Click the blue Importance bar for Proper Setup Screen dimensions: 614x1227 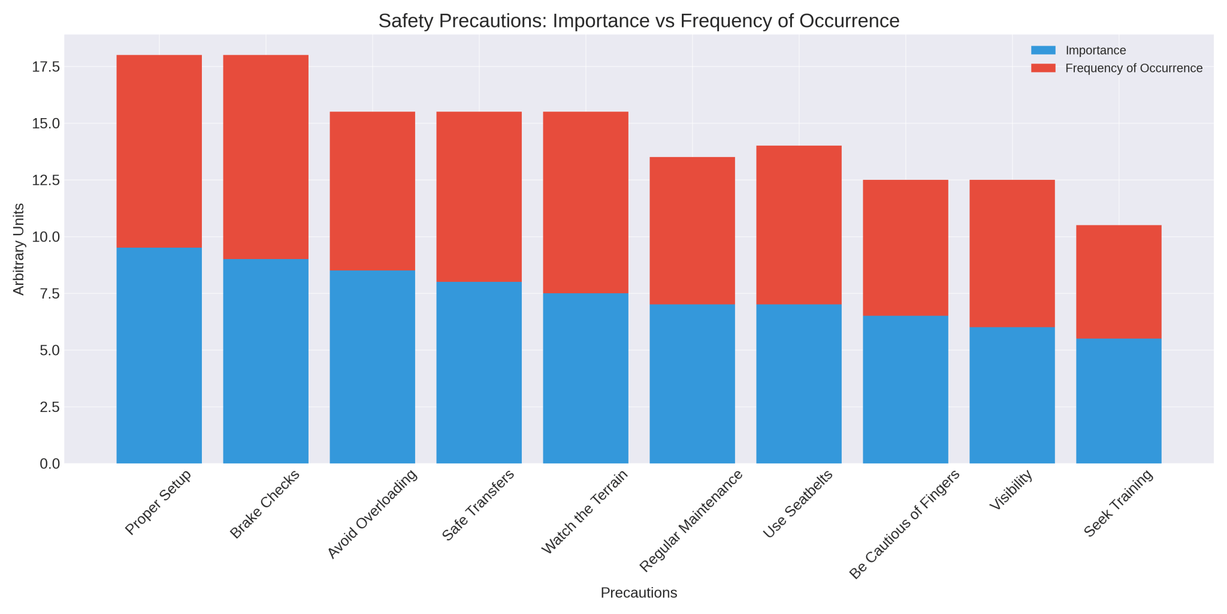coord(159,356)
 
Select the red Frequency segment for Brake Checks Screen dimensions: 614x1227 coord(265,156)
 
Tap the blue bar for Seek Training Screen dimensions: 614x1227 coord(1119,401)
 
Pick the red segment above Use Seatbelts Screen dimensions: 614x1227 coord(799,225)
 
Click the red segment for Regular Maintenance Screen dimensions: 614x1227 coord(692,231)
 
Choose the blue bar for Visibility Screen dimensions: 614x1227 coord(1012,395)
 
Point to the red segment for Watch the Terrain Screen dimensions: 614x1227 coord(585,202)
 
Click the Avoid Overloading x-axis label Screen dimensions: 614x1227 coord(373,514)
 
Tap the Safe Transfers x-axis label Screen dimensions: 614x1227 coord(478,505)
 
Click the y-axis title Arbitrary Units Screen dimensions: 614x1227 coord(19,249)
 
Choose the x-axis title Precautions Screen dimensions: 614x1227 coord(639,593)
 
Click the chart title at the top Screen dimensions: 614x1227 coord(639,21)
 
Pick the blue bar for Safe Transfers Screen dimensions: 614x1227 coord(479,372)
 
